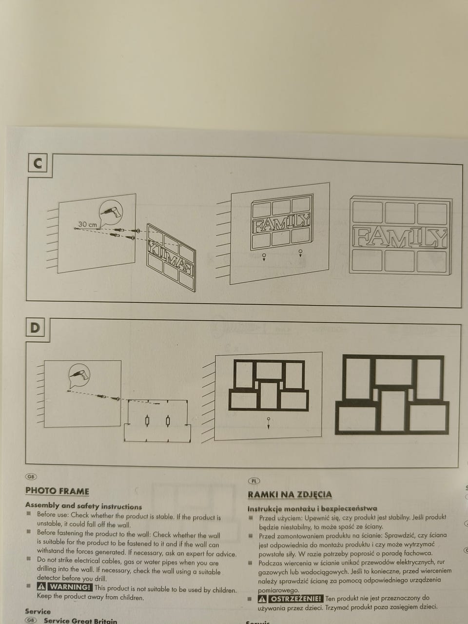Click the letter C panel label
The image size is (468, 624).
click(38, 164)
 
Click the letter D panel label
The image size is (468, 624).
click(35, 328)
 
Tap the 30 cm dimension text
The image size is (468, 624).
click(88, 224)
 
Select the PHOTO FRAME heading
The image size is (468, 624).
click(57, 491)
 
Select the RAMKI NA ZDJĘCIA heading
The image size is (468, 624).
click(290, 494)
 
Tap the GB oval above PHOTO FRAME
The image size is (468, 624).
click(31, 477)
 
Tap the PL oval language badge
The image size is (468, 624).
click(254, 481)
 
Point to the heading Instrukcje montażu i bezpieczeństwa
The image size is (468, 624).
click(312, 508)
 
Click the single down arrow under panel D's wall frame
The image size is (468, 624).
click(268, 423)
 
